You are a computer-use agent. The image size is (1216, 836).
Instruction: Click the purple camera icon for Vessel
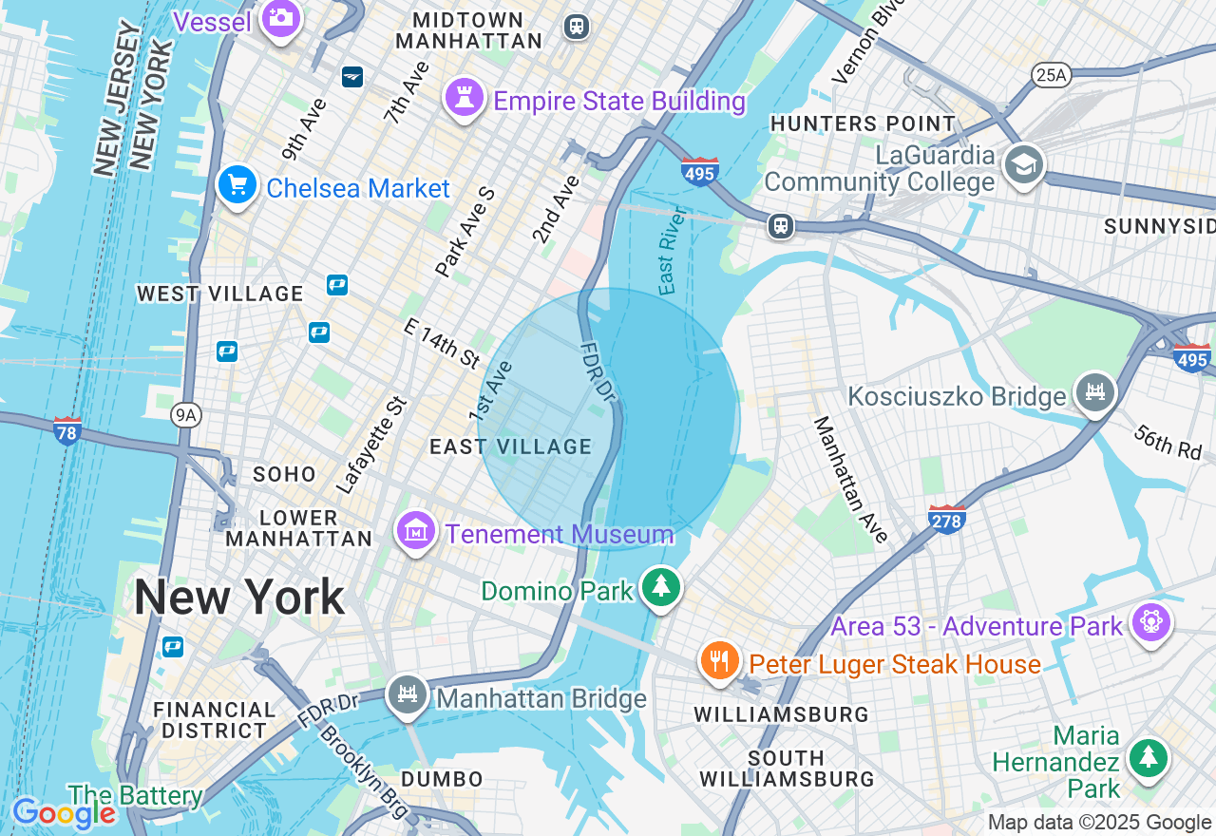[279, 18]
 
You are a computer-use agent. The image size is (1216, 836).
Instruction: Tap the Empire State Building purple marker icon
[465, 99]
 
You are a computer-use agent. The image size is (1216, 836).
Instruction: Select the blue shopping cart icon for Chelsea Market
[237, 185]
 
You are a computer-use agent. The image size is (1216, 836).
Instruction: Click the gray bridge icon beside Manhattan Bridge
[408, 695]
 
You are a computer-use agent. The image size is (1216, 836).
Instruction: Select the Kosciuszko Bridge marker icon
[1094, 392]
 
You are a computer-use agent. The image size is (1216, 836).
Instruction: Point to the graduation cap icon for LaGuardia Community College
[1024, 164]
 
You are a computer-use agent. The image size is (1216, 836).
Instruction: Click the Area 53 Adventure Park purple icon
[1151, 623]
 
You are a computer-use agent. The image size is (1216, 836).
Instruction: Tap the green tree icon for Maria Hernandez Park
[1149, 758]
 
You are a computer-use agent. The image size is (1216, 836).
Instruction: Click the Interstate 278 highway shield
[947, 518]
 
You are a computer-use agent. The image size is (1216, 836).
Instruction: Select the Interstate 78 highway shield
[66, 429]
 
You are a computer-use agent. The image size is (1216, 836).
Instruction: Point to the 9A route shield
[186, 413]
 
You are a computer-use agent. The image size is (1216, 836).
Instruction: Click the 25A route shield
[1052, 75]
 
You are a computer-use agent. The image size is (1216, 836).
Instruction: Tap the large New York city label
[238, 598]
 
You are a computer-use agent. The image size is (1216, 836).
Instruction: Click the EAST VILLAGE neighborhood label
[510, 446]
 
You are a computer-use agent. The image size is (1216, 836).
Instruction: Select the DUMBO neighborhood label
[442, 779]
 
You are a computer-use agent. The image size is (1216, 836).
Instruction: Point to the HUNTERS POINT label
[863, 123]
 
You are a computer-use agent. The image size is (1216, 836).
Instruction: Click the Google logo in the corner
[63, 813]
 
